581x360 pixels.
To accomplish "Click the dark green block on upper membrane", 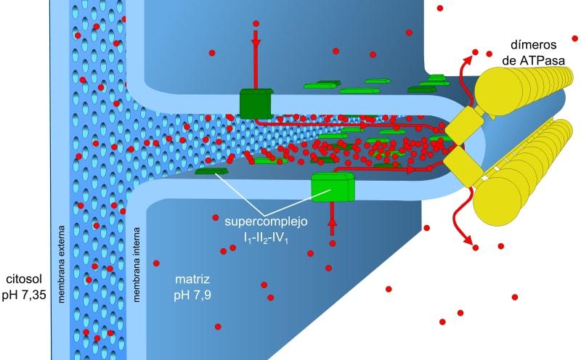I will [256, 103].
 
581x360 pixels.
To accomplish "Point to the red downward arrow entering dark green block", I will [256, 58].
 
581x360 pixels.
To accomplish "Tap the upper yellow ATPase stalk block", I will [463, 125].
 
